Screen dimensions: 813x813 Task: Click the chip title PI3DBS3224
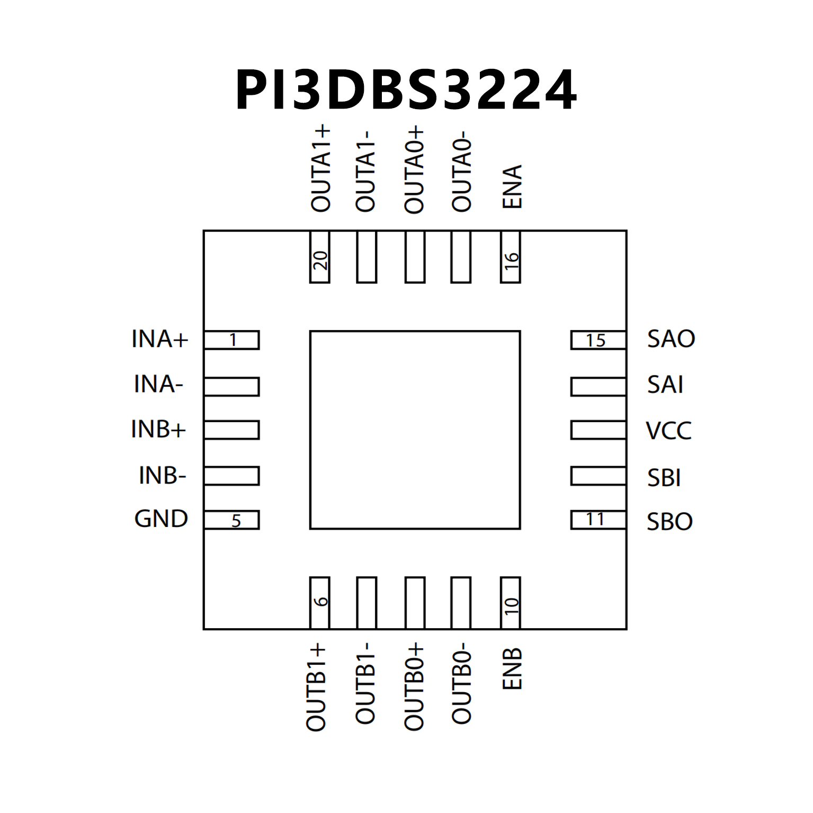point(406,90)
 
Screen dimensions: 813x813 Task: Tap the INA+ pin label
point(159,339)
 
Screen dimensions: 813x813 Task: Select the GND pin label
point(161,519)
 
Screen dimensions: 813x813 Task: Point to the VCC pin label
point(668,431)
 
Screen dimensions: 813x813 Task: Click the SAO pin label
point(671,339)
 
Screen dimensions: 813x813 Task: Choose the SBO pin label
point(669,522)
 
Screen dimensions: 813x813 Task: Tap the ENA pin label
point(512,186)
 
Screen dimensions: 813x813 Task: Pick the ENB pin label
point(512,668)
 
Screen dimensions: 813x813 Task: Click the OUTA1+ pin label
point(320,168)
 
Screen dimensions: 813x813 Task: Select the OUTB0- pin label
point(461,683)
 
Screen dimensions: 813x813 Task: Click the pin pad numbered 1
point(231,340)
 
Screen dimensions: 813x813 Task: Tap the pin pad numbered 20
point(319,257)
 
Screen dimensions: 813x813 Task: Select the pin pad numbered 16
point(511,257)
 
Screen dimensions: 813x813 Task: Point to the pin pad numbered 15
point(598,340)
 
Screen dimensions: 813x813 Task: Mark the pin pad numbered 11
point(598,520)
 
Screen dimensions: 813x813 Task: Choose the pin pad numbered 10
point(511,603)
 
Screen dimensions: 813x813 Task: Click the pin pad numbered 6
point(319,603)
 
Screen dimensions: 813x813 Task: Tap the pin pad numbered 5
point(231,520)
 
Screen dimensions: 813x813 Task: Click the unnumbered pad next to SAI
point(598,387)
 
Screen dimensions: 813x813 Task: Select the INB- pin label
point(162,476)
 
